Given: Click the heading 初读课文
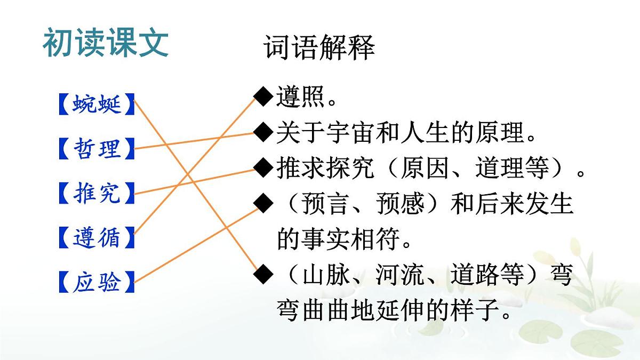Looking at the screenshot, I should click(106, 43).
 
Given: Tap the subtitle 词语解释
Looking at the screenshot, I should click(319, 47).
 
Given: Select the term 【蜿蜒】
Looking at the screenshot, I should click(97, 104).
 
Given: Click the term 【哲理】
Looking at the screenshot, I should click(97, 149).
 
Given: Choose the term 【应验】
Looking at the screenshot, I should click(97, 282).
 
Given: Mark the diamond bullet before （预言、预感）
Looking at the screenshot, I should click(263, 204).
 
